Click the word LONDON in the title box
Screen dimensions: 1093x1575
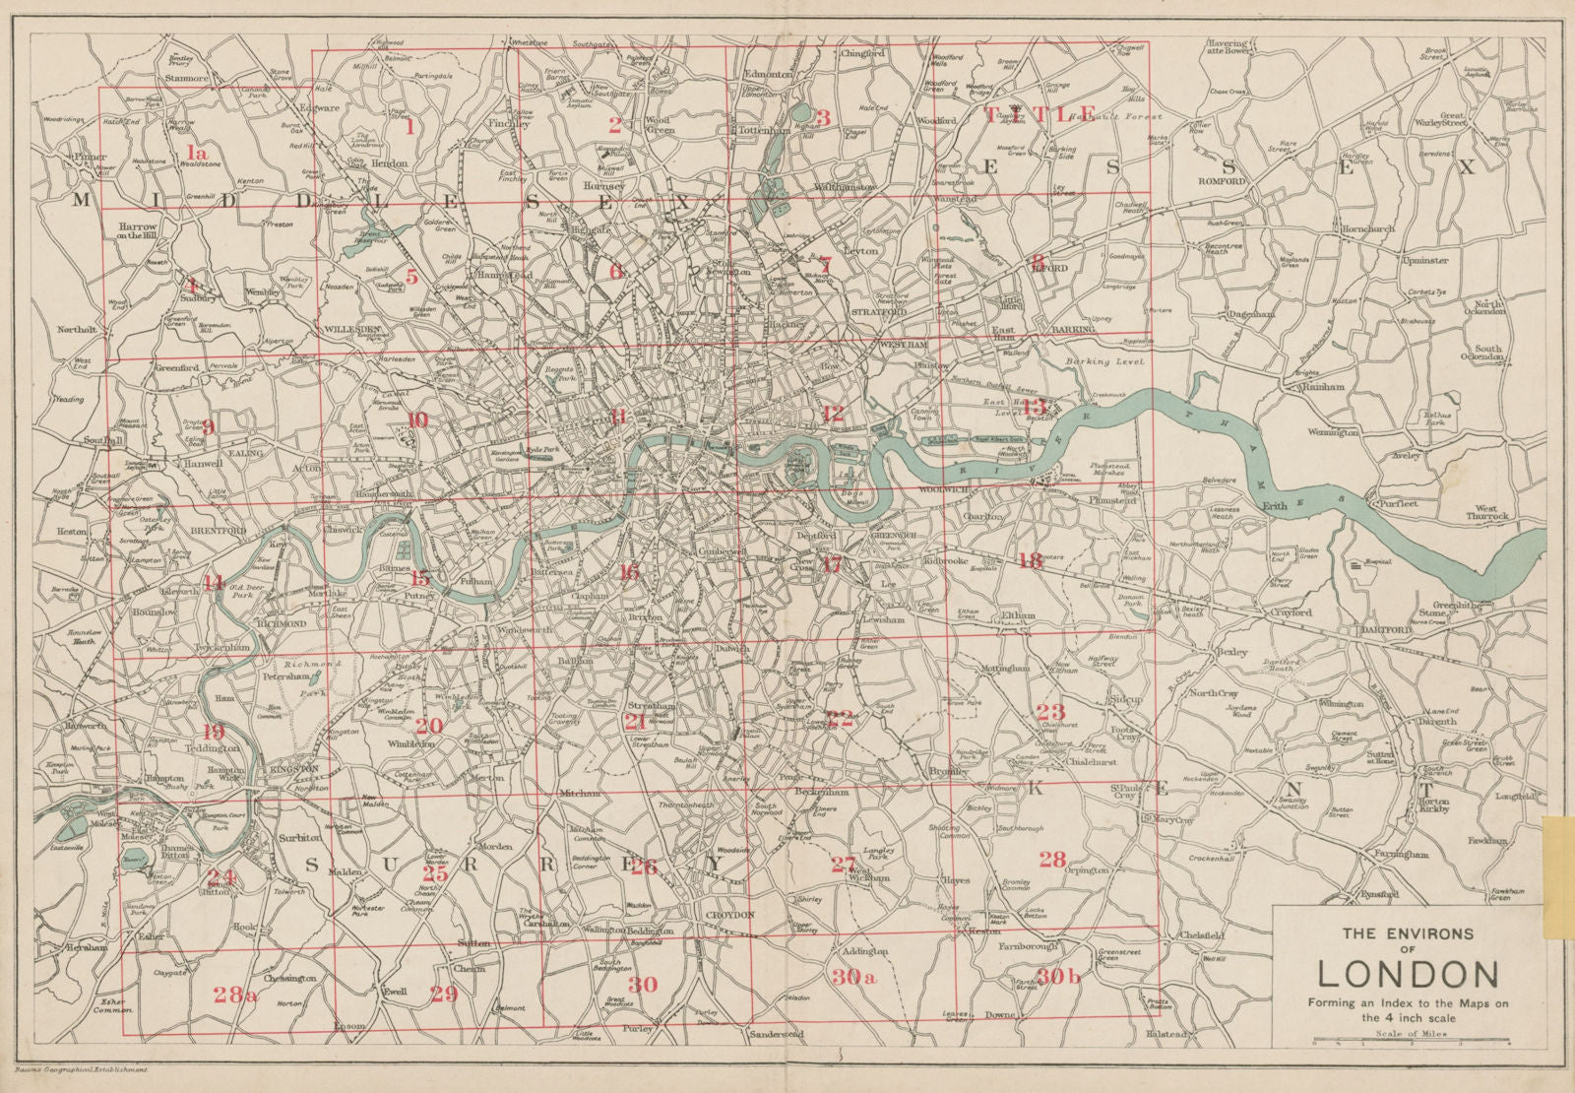point(1408,974)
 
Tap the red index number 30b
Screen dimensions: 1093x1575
point(1059,978)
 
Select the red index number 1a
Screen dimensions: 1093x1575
point(197,152)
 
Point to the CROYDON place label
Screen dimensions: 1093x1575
point(729,915)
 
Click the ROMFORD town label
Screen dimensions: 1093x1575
point(1223,182)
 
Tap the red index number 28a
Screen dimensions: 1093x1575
point(235,996)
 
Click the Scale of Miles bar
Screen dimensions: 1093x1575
point(1408,1044)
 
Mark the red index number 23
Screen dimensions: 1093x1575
point(1050,712)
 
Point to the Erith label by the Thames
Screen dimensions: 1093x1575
point(1277,506)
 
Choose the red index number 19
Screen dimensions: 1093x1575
point(213,732)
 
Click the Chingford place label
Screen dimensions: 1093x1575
point(863,54)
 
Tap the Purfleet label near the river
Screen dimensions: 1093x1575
point(1399,503)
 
